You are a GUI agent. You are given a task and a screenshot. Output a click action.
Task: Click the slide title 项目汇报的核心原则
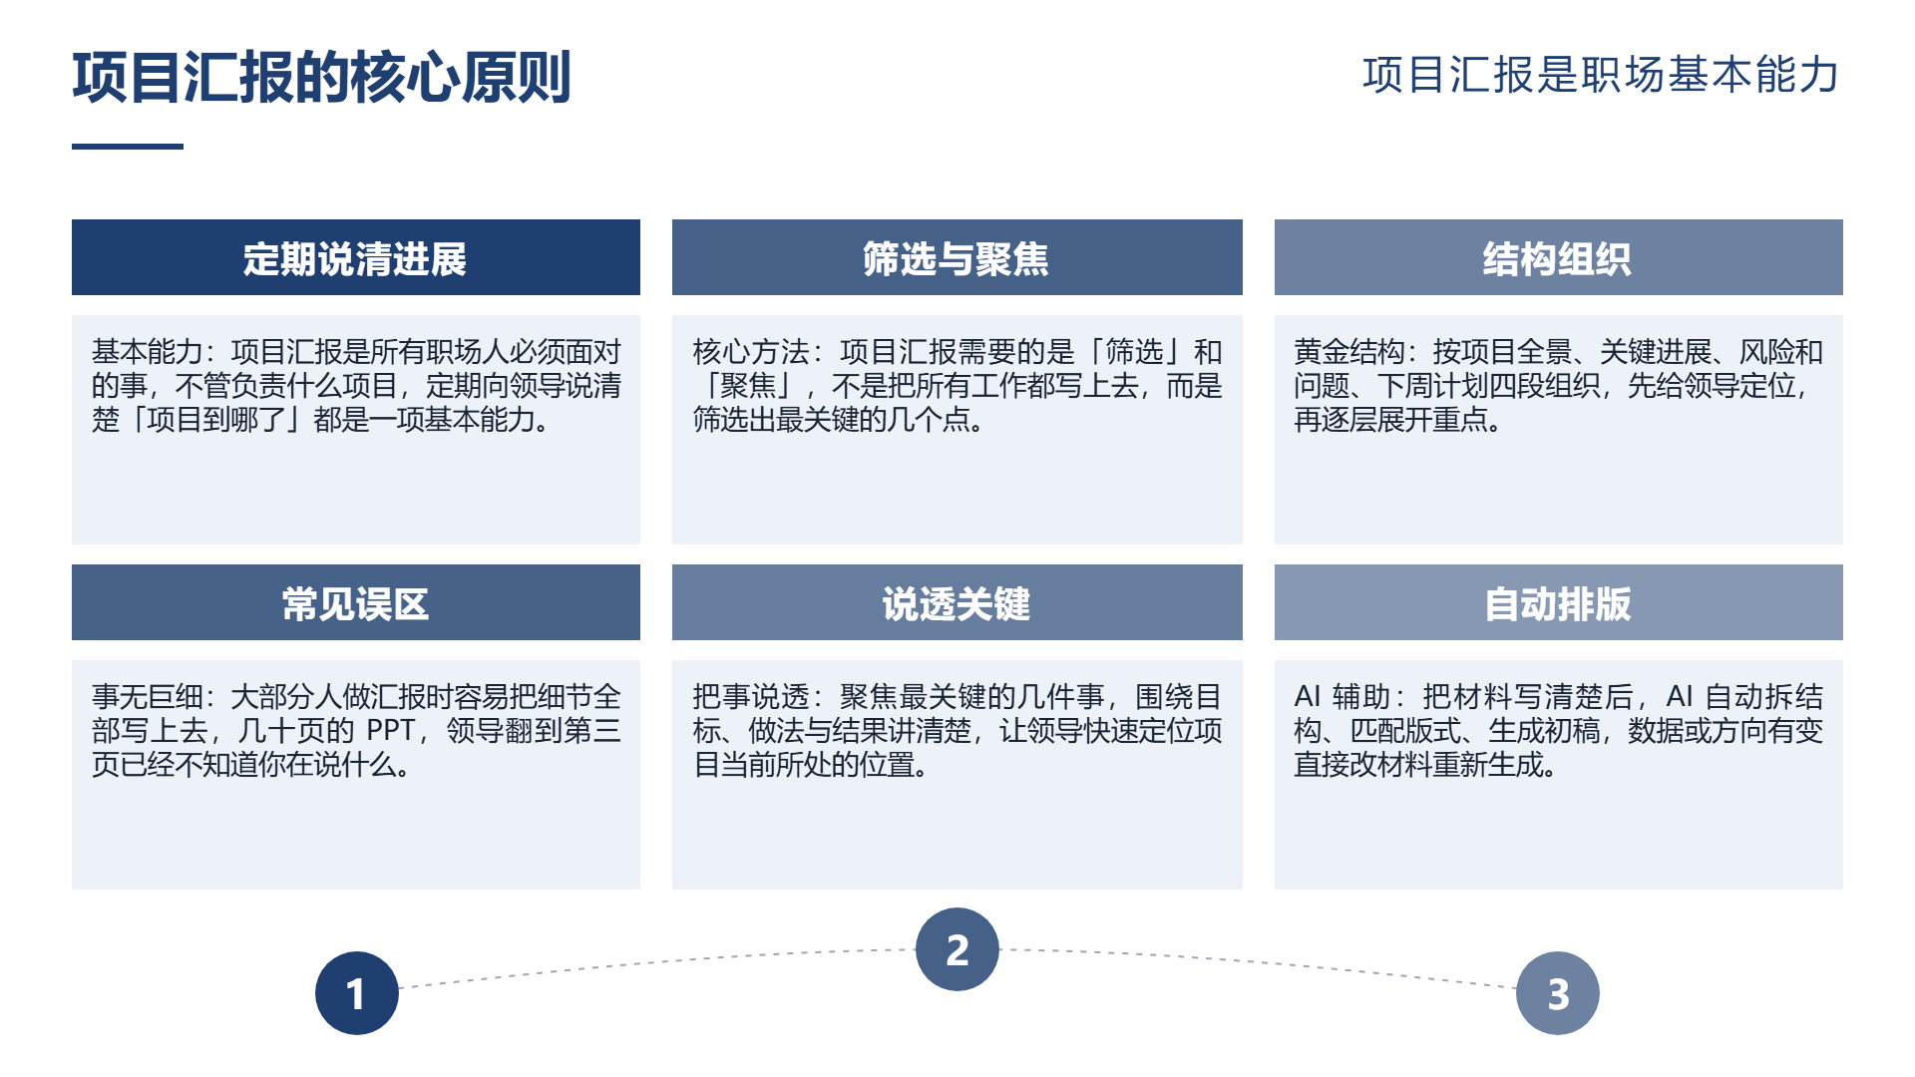pyautogui.click(x=321, y=77)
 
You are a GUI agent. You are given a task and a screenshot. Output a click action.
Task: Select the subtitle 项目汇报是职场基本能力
pyautogui.click(x=1601, y=75)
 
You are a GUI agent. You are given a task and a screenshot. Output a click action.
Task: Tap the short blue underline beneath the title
pyautogui.click(x=128, y=147)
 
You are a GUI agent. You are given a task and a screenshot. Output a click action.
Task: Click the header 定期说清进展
pyautogui.click(x=355, y=259)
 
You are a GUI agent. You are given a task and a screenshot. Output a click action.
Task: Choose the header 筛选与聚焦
pyautogui.click(x=957, y=259)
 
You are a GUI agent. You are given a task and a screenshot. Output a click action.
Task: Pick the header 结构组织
pyautogui.click(x=1558, y=259)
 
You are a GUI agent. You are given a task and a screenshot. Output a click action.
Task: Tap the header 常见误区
pyautogui.click(x=355, y=604)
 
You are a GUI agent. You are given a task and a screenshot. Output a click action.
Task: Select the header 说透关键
pyautogui.click(x=957, y=604)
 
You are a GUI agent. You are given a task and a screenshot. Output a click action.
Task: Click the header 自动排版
pyautogui.click(x=1558, y=604)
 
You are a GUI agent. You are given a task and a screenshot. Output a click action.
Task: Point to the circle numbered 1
pyautogui.click(x=357, y=993)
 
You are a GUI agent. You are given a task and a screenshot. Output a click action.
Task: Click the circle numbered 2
pyautogui.click(x=957, y=949)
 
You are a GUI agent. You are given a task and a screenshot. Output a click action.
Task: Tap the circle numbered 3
pyautogui.click(x=1558, y=993)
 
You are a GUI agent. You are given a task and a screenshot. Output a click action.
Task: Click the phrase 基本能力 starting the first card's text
pyautogui.click(x=147, y=352)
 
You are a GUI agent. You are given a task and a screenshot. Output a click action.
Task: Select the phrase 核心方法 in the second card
pyautogui.click(x=750, y=352)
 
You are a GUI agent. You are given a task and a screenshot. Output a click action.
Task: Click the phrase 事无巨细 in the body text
pyautogui.click(x=147, y=697)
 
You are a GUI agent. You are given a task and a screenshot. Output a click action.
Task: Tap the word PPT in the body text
pyautogui.click(x=390, y=731)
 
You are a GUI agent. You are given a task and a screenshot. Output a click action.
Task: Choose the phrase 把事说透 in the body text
pyautogui.click(x=750, y=697)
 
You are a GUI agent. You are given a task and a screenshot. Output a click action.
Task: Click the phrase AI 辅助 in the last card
pyautogui.click(x=1341, y=697)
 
